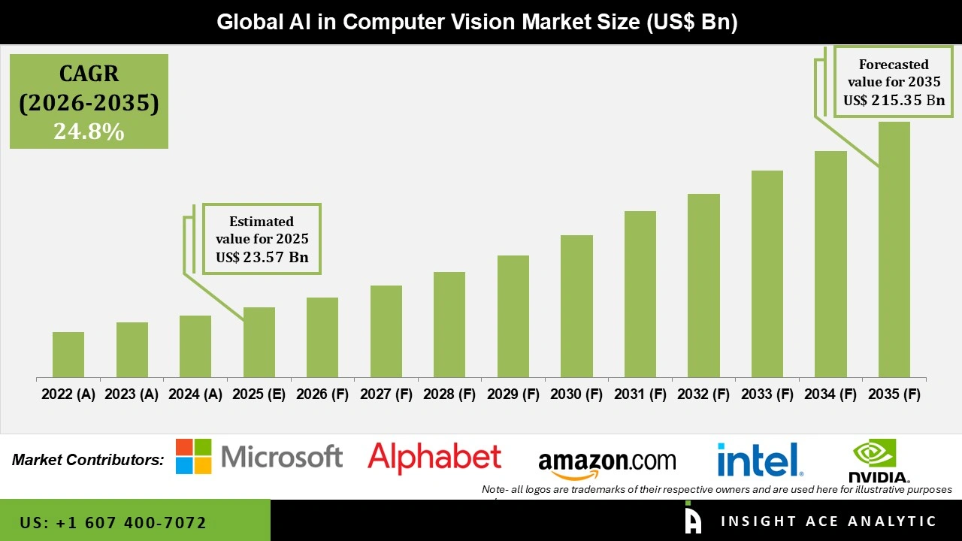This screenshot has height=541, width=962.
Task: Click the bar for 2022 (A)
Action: pos(68,355)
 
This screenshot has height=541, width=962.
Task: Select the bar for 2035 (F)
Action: pos(894,249)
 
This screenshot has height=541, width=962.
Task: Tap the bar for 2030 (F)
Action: pos(576,306)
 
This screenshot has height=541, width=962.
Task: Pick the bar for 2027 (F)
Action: pos(386,331)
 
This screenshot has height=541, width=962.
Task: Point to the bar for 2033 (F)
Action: pos(767,274)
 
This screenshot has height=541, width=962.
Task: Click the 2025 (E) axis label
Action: pos(259,394)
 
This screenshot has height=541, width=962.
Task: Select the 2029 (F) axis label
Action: pos(513,394)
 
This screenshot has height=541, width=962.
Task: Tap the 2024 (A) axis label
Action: pos(195,394)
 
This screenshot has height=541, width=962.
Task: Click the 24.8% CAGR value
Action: pos(89,131)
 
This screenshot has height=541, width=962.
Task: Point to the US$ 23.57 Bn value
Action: pos(262,257)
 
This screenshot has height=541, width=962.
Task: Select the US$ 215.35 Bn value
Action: pos(894,100)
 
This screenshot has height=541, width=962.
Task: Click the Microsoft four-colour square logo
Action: pos(194,457)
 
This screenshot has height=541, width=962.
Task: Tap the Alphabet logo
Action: pos(434,457)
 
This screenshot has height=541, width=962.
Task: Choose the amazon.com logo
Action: pos(607,463)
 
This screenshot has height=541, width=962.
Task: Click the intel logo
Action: pos(760,459)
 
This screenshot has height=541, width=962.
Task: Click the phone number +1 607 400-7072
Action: pos(113,522)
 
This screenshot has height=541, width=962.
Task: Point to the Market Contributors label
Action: pos(88,459)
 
